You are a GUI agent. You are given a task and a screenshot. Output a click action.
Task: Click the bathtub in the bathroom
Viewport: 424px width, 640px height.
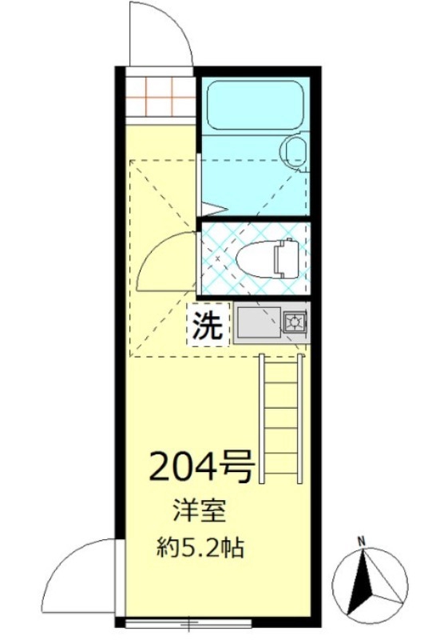[x=252, y=106]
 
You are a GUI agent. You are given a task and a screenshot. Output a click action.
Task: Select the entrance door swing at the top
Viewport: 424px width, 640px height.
[x=160, y=36]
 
